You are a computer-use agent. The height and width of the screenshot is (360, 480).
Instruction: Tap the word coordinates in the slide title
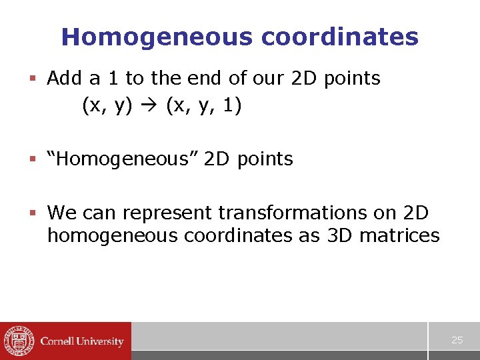coord(340,37)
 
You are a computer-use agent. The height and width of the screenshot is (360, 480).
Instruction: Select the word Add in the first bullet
coord(65,79)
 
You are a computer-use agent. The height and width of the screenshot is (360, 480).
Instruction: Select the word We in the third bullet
coord(62,213)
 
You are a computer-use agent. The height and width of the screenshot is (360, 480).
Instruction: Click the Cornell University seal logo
coord(18,341)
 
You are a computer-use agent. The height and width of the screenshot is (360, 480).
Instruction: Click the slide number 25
coord(457,341)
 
